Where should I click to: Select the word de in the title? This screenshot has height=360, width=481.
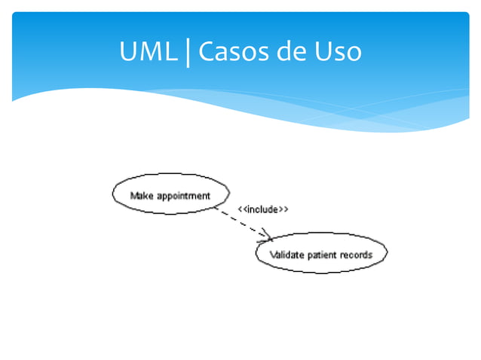click(292, 52)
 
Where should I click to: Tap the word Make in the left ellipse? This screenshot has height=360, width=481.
click(142, 196)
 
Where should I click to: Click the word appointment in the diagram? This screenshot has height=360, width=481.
click(183, 197)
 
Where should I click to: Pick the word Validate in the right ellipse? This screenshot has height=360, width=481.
click(287, 255)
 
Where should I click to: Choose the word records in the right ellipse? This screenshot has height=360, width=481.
click(356, 255)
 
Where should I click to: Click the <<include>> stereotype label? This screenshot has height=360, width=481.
click(264, 209)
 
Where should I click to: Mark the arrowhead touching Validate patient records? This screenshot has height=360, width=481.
click(267, 236)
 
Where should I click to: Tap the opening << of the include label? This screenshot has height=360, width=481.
click(242, 209)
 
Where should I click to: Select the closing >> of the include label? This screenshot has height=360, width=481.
click(285, 209)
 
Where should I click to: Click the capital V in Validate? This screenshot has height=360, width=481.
click(274, 255)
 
